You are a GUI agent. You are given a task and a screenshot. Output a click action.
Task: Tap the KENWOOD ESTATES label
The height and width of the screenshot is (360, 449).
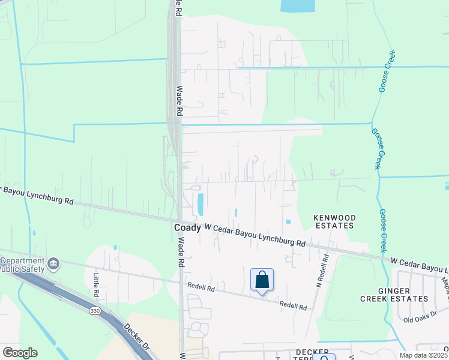(x=335, y=221)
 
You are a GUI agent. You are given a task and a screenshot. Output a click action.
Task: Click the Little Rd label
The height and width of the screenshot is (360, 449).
(x=96, y=285)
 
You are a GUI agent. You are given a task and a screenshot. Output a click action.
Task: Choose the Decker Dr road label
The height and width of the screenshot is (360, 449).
(x=136, y=338)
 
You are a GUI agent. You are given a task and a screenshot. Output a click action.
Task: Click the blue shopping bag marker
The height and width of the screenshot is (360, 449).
(x=262, y=280)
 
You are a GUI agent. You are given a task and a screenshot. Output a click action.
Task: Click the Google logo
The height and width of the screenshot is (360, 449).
(x=19, y=353)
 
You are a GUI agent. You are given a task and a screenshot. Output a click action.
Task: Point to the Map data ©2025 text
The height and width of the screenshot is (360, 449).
(x=424, y=355)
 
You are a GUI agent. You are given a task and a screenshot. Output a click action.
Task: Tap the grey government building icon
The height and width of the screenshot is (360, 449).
(x=53, y=263)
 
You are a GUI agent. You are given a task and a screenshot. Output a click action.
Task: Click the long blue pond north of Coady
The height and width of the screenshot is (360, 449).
(x=200, y=204)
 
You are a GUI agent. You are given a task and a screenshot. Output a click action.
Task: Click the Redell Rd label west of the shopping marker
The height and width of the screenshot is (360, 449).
(x=200, y=287)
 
